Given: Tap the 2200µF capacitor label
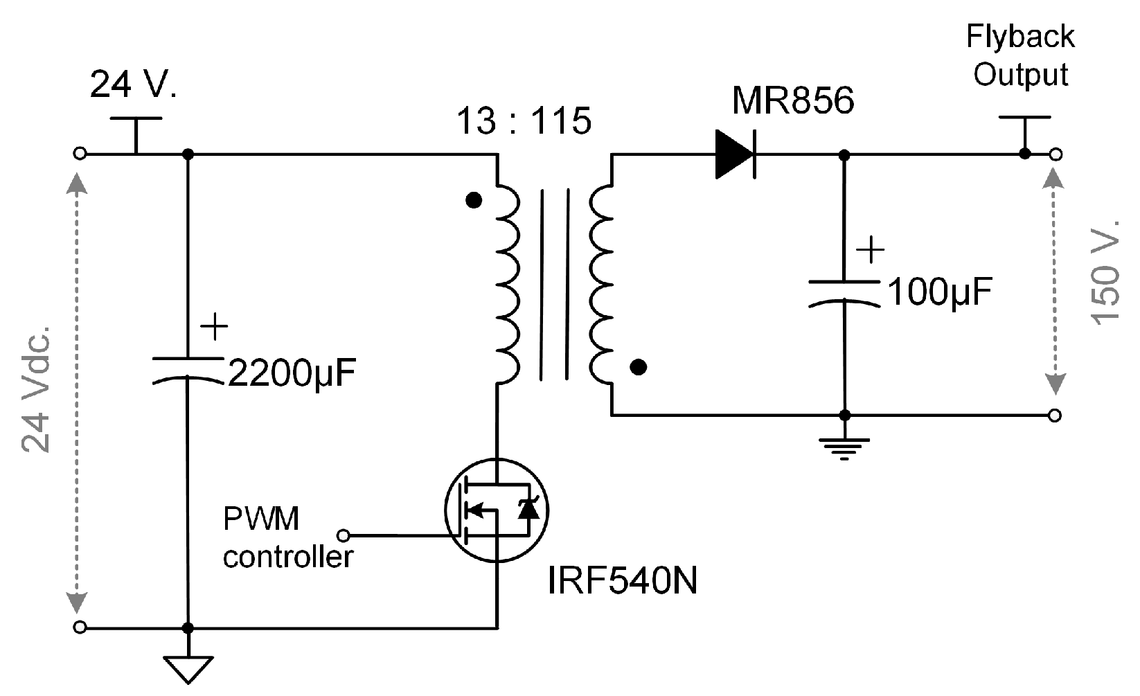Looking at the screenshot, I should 292,375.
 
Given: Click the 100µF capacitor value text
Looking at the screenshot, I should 940,293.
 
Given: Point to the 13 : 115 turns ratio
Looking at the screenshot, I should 524,121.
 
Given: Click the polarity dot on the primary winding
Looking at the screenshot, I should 474,201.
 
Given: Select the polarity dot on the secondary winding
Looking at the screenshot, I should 639,367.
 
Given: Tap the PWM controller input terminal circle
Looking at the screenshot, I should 343,535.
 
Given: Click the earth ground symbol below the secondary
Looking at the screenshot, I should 844,447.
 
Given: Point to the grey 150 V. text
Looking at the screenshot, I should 1106,271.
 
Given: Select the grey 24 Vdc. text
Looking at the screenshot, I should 35,387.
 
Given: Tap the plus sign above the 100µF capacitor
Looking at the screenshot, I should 870,250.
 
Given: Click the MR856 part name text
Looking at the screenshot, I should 793,101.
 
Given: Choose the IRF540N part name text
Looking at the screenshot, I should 622,582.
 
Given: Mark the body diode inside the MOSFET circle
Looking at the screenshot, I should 530,510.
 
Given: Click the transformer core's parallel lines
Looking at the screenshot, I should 555,284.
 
